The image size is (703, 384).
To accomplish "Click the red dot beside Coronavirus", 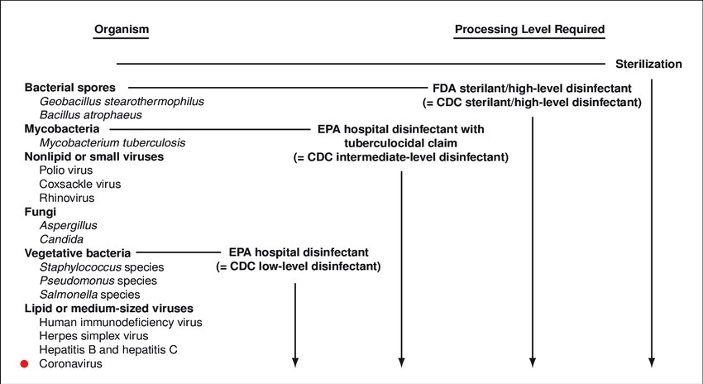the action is (24, 364).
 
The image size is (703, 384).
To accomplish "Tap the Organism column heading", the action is (121, 30).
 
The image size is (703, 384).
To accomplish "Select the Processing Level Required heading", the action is (529, 30).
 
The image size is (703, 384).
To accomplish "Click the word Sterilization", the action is (648, 65).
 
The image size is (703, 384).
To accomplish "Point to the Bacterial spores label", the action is (70, 88).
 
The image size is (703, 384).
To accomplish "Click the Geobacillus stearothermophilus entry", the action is (122, 102).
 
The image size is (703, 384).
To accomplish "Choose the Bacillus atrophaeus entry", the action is (91, 115).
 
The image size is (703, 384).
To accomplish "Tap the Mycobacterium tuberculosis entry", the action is (112, 142).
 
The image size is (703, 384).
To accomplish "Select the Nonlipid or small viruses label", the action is (94, 156).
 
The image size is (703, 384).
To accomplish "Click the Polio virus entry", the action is (66, 170).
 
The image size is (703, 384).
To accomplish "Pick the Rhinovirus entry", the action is (67, 198).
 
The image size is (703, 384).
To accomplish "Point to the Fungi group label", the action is (41, 212).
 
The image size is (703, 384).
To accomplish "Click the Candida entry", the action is (61, 239).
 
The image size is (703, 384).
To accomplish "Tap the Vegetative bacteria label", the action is (78, 253).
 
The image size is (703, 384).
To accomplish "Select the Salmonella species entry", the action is (89, 295).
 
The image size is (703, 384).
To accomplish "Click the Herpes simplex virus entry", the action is (93, 336).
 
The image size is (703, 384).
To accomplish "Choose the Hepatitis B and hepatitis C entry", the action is (108, 350).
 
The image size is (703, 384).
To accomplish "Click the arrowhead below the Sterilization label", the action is (652, 363).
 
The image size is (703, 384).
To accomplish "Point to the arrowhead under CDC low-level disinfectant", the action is (295, 363).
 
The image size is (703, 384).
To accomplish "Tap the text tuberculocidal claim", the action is (401, 143).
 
